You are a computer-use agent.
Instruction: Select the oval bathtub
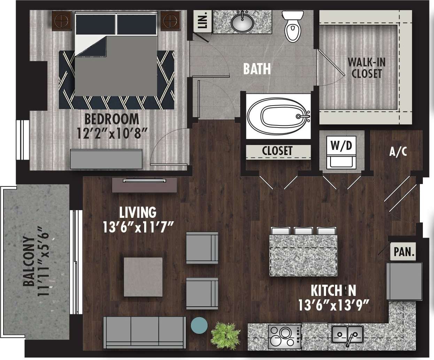278,116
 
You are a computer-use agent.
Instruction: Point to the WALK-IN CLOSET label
366,68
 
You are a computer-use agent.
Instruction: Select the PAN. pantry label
404,252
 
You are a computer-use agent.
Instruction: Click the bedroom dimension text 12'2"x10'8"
111,132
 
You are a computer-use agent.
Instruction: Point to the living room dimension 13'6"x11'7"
138,227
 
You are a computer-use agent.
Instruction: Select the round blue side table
199,325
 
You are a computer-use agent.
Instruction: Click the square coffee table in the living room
143,277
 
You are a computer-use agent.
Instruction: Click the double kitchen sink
347,335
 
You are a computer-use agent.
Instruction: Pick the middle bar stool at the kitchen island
304,231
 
